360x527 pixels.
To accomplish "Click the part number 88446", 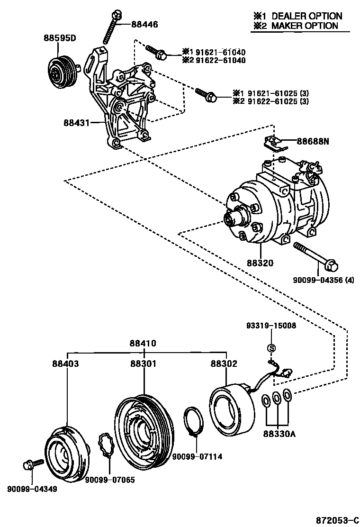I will [x=144, y=24].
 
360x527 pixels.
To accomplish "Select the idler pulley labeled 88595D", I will [x=63, y=72].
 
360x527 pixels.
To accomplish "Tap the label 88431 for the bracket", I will [x=77, y=122].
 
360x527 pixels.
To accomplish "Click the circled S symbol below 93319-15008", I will [x=271, y=348].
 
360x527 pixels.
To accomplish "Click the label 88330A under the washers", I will [x=279, y=434].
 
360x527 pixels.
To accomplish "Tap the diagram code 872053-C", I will [x=338, y=520].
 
